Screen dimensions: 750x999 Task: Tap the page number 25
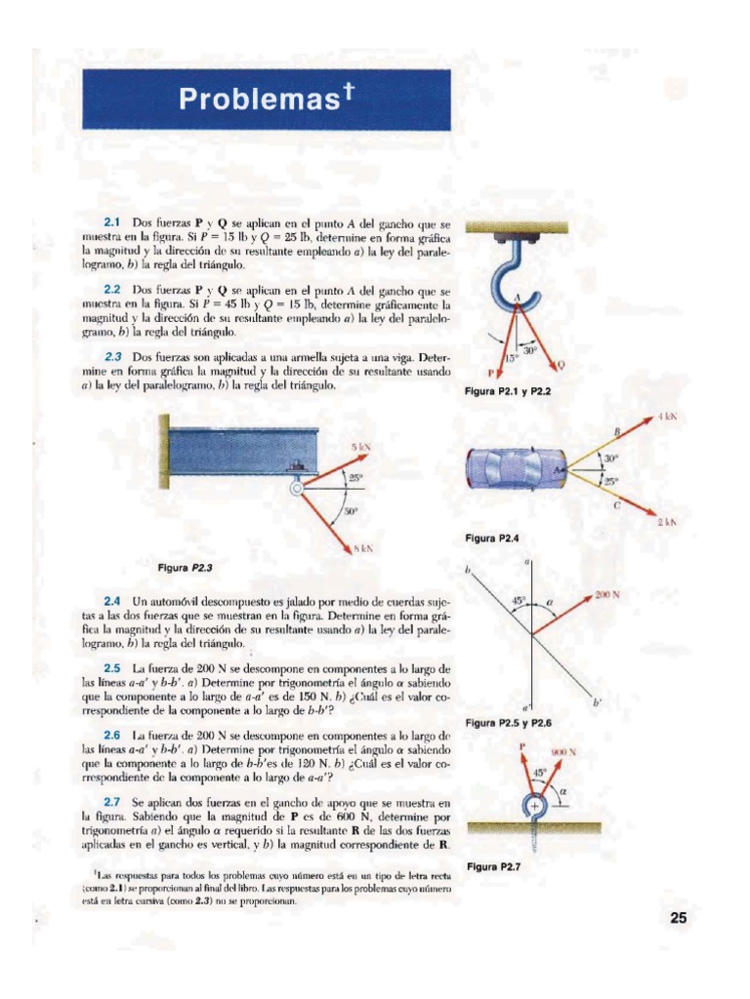point(678,917)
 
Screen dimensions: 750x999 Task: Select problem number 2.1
point(112,222)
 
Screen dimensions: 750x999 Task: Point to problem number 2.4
point(112,601)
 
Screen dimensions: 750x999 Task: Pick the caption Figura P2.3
point(185,568)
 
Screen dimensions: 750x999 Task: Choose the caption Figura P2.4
point(492,539)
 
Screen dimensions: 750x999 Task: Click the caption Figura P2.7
point(493,866)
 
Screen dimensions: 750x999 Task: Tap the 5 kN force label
point(360,448)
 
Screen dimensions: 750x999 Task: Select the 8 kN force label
point(363,548)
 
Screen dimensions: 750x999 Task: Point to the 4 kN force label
point(668,417)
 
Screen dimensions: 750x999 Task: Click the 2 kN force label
point(667,523)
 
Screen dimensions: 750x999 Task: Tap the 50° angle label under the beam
point(352,510)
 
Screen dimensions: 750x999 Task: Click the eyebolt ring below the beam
point(296,489)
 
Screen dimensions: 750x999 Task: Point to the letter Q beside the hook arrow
point(561,365)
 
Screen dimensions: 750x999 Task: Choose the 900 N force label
point(563,752)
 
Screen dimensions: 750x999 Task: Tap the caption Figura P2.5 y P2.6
point(508,723)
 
